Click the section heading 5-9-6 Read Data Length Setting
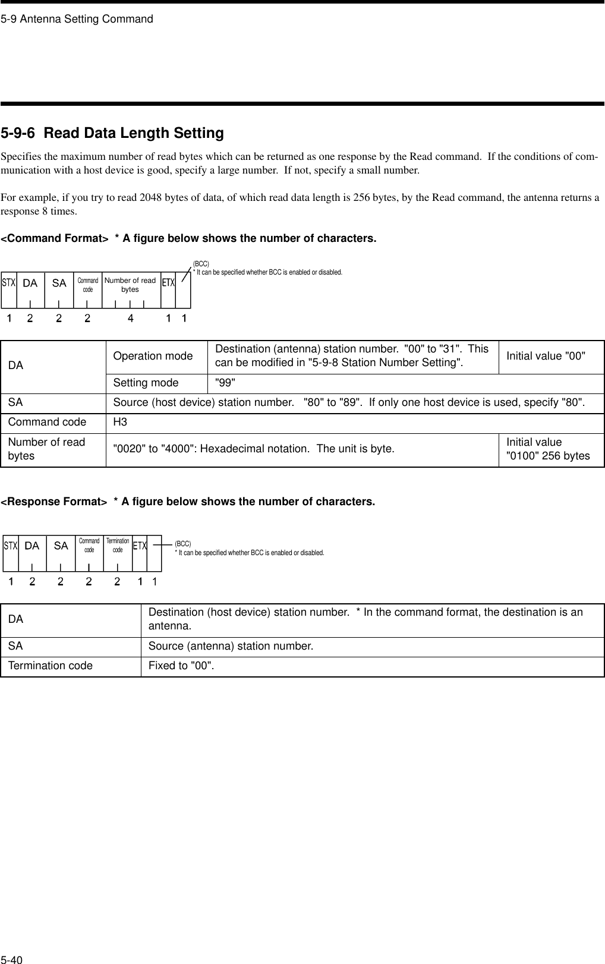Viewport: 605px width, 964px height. tap(112, 133)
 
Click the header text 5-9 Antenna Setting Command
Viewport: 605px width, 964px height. tap(77, 19)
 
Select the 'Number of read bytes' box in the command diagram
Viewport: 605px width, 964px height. tap(130, 285)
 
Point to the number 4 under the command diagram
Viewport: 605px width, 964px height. tap(131, 319)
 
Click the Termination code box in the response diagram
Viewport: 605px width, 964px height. tap(118, 545)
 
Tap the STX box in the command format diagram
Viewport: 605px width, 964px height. tap(8, 283)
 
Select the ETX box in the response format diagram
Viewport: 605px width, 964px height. tap(140, 545)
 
